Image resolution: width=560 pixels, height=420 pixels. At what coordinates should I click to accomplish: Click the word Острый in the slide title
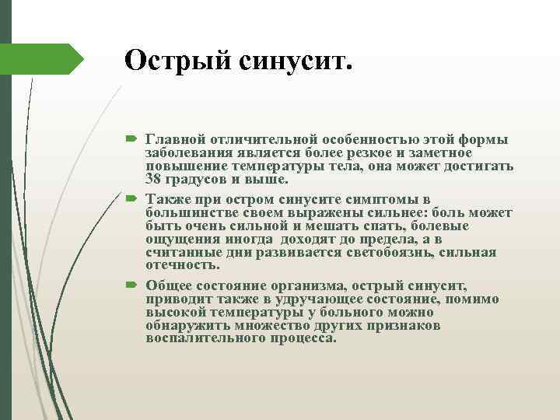pos(170,60)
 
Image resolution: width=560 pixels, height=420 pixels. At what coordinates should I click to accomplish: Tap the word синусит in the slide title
pos(290,60)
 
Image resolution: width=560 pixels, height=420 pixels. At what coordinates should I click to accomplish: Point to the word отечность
pos(177,265)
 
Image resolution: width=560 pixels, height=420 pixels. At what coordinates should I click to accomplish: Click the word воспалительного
pos(199,339)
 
